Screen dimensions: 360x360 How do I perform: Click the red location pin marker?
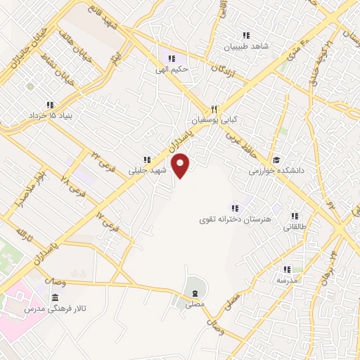tap(181, 165)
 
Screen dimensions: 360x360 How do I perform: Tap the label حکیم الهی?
tap(171, 70)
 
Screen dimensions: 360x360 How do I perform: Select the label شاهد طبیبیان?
tap(246, 47)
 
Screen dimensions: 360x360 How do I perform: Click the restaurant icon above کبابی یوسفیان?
tap(214, 109)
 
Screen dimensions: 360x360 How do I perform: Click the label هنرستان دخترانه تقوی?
tap(236, 218)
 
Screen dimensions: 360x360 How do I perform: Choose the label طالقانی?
tap(295, 227)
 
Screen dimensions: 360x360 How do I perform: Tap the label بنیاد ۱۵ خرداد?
tap(51, 115)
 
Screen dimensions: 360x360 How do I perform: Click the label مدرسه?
tap(287, 280)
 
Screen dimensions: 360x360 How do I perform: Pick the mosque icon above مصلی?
tap(194, 292)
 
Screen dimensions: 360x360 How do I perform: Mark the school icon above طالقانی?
tap(295, 216)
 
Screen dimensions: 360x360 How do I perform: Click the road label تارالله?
tap(25, 233)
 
